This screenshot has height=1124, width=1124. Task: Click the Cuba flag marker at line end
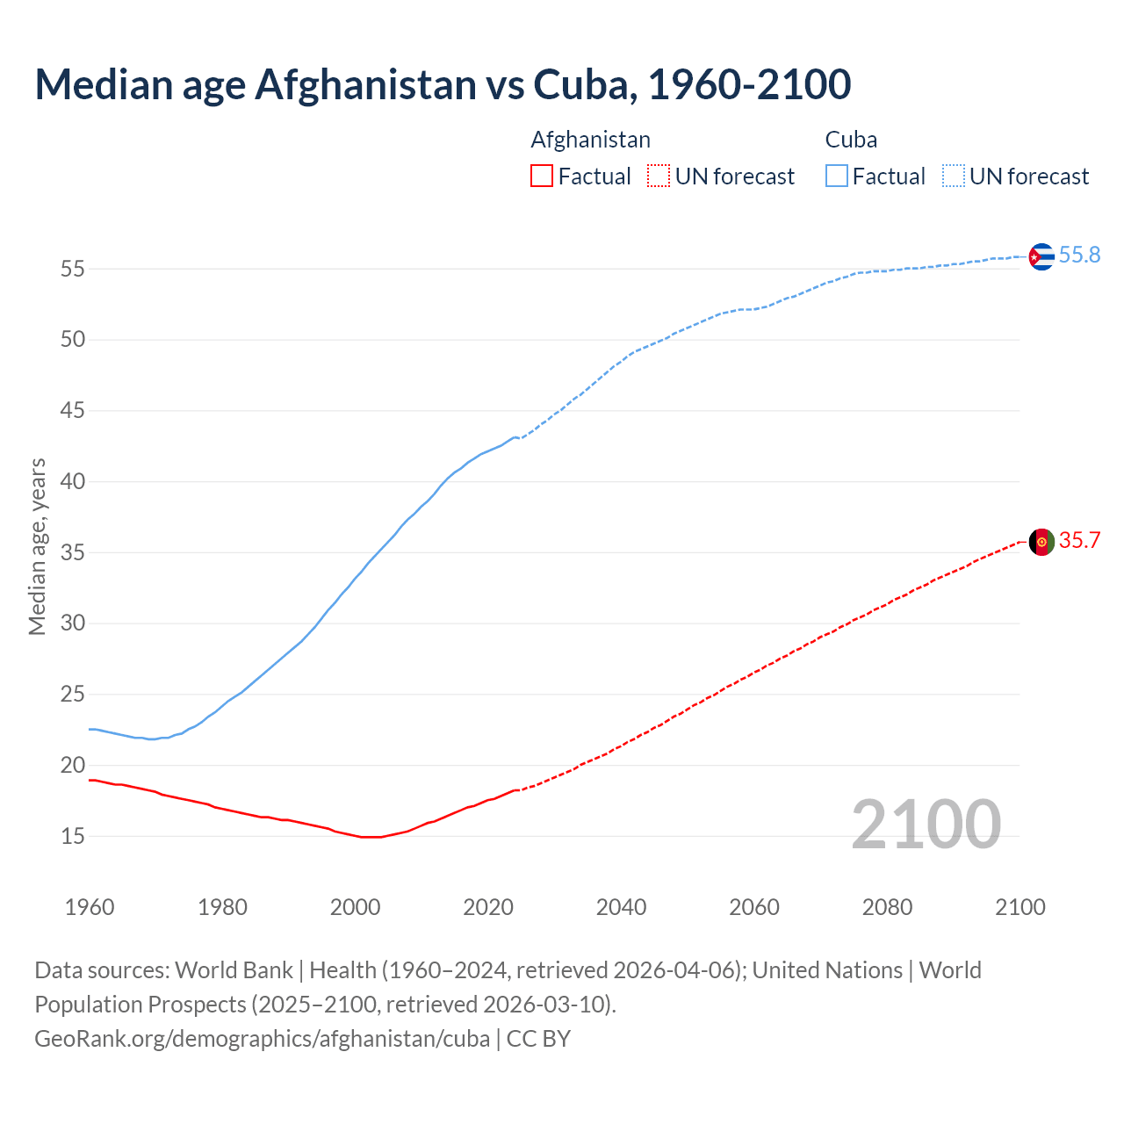(x=1041, y=256)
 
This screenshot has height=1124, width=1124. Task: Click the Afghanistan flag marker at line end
(x=1041, y=542)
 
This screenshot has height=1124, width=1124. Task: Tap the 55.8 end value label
(x=1079, y=256)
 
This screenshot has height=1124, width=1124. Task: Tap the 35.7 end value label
(x=1079, y=541)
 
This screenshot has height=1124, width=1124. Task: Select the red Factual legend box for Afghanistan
(x=542, y=177)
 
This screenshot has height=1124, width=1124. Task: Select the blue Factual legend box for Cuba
(x=836, y=177)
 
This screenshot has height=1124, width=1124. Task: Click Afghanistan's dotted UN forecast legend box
(x=659, y=177)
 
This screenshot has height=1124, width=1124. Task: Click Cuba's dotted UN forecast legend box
(x=953, y=177)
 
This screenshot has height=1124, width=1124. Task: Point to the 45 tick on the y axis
(x=72, y=411)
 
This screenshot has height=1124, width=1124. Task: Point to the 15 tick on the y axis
(x=72, y=837)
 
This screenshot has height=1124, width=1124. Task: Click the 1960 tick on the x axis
(x=90, y=907)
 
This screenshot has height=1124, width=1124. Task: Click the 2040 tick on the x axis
(x=621, y=907)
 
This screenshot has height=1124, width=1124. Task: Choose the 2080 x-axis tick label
(x=887, y=907)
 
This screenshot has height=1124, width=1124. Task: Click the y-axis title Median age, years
(x=37, y=546)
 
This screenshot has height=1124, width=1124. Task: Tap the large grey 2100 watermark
(x=926, y=825)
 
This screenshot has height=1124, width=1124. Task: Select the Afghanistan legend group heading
(x=590, y=140)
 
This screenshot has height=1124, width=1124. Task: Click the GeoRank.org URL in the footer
(x=262, y=1039)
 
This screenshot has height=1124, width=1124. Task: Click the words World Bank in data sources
(x=234, y=970)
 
